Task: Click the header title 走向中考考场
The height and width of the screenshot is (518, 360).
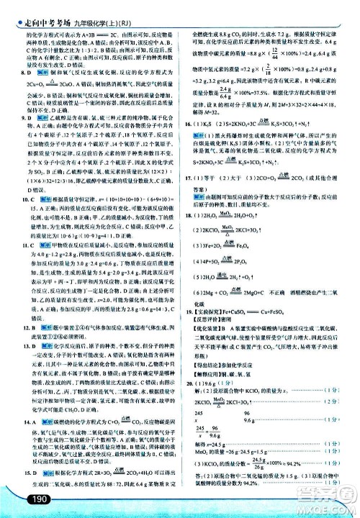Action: point(40,9)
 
